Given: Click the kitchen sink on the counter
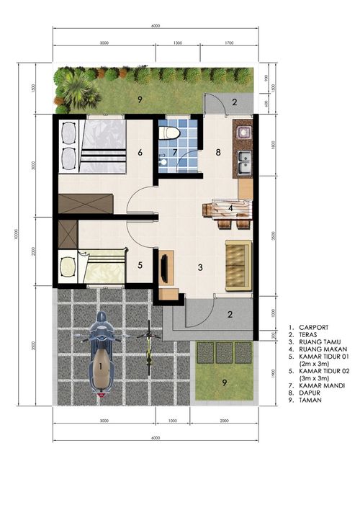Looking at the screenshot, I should (x=245, y=162).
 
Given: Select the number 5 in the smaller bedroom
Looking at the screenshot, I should (x=139, y=265).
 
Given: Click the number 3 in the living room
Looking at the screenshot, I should (x=201, y=267).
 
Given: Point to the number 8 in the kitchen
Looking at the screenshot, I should (x=217, y=153).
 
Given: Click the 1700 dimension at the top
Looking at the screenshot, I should (x=229, y=43).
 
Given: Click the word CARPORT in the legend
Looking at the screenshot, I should (x=315, y=326).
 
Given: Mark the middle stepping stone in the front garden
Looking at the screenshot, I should (x=225, y=352).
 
